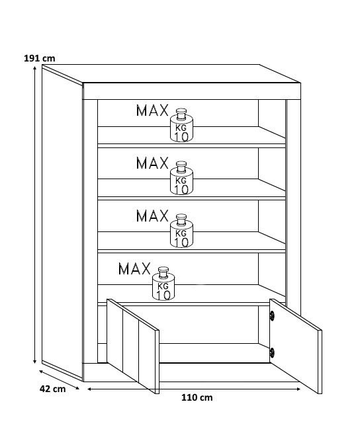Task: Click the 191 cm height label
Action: [x=40, y=58]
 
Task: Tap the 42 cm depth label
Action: [x=52, y=389]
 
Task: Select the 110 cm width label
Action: [x=197, y=397]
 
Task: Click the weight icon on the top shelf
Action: [x=181, y=125]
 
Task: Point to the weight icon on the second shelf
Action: [x=181, y=178]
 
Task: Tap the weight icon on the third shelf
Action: [x=181, y=231]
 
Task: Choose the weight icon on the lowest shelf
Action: [x=163, y=284]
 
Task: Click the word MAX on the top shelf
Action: [x=152, y=110]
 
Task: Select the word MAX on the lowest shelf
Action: [x=134, y=268]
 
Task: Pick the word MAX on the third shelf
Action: [x=152, y=216]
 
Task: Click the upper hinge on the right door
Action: [x=273, y=315]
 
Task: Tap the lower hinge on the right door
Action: [x=272, y=352]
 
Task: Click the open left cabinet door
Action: [x=132, y=346]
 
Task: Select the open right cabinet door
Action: [x=296, y=346]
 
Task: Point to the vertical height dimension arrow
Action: [x=34, y=215]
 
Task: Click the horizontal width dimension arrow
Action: [x=194, y=389]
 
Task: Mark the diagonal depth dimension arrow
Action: [x=59, y=380]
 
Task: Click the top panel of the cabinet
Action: [x=171, y=74]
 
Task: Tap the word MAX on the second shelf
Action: [x=152, y=163]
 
